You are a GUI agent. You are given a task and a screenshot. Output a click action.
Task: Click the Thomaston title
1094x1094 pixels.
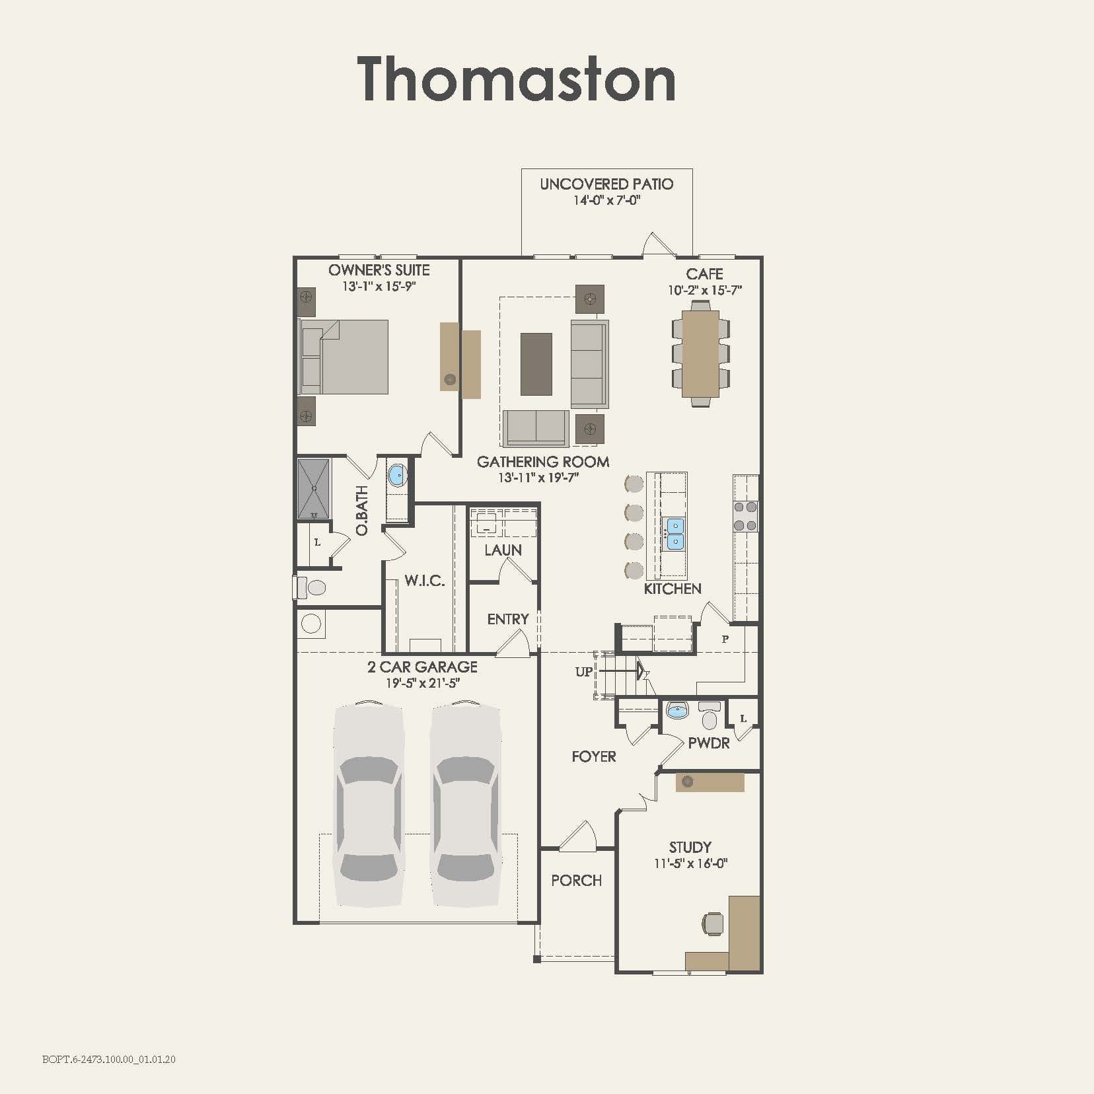(x=517, y=80)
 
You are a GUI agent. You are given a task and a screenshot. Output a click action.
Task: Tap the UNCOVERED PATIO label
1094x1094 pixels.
(x=606, y=184)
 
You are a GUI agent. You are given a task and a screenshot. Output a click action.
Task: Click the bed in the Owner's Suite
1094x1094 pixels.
(x=344, y=357)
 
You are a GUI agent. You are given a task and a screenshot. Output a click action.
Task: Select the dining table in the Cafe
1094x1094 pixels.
(x=701, y=353)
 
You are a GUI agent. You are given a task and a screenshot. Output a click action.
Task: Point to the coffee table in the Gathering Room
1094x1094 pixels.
(x=536, y=364)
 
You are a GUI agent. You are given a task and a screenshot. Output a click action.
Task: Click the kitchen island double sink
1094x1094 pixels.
(x=675, y=534)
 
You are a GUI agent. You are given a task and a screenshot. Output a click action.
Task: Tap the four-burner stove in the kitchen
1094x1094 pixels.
(x=746, y=517)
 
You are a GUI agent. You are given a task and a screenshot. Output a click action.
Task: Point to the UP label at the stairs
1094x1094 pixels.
(x=584, y=672)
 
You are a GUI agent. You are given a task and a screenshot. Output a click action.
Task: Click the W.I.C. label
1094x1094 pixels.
(x=425, y=581)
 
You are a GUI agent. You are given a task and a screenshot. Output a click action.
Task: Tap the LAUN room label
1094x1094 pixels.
(x=503, y=550)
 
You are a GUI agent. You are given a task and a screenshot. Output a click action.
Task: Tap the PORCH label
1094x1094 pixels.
(x=576, y=881)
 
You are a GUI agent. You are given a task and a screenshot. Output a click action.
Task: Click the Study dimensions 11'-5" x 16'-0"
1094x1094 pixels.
(x=690, y=863)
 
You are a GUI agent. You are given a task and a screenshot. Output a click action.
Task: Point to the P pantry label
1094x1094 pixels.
(x=725, y=639)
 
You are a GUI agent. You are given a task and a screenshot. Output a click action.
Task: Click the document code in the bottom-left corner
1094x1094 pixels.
(x=109, y=1060)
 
